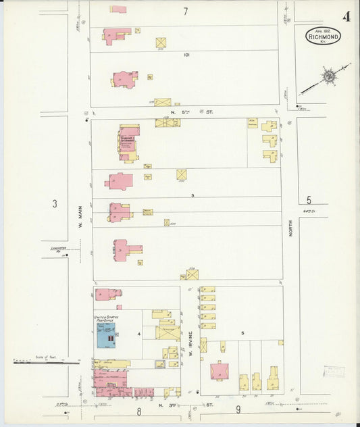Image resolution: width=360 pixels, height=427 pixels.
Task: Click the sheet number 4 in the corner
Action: (x=346, y=16)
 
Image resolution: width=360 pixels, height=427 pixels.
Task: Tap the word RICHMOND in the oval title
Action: (x=323, y=37)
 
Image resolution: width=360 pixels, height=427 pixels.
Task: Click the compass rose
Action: (x=328, y=76)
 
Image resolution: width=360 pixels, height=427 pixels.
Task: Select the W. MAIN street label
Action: (x=79, y=216)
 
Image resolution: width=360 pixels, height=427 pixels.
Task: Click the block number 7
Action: (x=185, y=11)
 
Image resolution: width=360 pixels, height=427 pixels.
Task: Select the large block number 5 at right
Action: (x=309, y=200)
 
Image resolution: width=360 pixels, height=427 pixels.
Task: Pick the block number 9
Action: (x=238, y=409)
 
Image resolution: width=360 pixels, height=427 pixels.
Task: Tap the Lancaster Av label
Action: (x=59, y=249)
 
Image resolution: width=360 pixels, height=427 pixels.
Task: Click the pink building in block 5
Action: (x=220, y=372)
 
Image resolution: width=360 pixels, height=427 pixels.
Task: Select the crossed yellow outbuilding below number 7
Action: (x=161, y=43)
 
